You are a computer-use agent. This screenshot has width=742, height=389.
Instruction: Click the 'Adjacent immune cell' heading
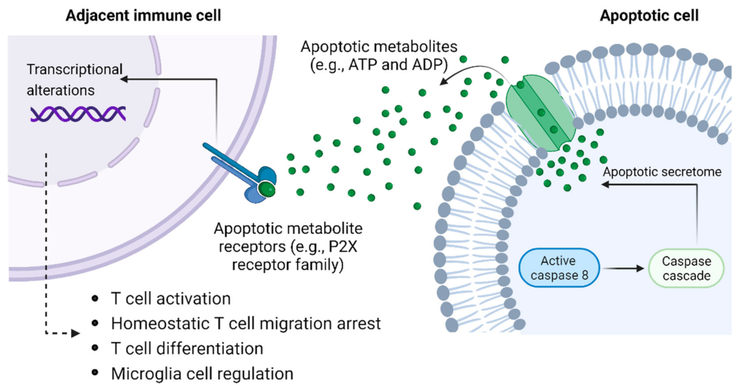tap(143, 15)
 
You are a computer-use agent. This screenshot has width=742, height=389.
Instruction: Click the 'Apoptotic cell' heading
tap(649, 16)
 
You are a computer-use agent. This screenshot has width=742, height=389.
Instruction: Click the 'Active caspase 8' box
tap(558, 268)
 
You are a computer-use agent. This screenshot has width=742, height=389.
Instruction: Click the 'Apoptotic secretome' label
tap(662, 172)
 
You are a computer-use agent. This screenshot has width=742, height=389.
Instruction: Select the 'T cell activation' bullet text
tap(171, 299)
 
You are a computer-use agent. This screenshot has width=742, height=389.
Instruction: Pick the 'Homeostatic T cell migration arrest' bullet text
tap(246, 323)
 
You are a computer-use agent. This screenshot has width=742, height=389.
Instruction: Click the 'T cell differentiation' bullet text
tap(187, 349)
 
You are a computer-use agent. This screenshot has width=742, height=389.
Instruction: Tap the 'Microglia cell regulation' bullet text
tap(202, 373)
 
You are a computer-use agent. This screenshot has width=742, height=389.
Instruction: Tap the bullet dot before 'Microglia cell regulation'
tap(95, 373)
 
